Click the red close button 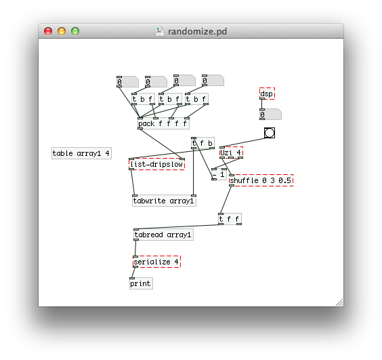coord(48,31)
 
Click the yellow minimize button coord(62,31)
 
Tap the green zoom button coord(75,31)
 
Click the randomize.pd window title coord(197,31)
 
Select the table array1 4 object coord(81,153)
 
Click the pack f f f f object coord(163,123)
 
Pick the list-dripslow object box coord(157,164)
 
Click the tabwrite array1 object coord(164,201)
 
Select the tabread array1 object coord(163,235)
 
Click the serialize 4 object coord(157,262)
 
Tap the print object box coord(141,283)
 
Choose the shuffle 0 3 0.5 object coord(261,180)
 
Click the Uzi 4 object coord(231,153)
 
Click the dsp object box coord(267,94)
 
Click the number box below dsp coord(270,115)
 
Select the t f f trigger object coord(230,219)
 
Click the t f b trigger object coord(203,143)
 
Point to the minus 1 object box coord(219,174)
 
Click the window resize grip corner coord(340,302)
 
